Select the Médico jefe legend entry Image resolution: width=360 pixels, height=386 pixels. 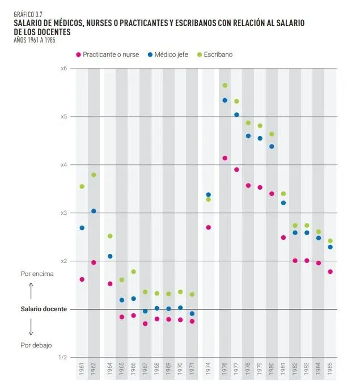click(172, 54)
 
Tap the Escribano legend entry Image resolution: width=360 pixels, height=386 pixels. click(218, 54)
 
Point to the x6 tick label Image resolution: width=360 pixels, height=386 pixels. click(63, 69)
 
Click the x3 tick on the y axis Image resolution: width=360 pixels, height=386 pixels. click(63, 213)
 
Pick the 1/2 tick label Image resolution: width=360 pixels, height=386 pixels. click(63, 358)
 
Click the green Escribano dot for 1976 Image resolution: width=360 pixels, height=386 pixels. click(225, 86)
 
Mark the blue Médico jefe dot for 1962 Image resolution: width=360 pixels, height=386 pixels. click(94, 211)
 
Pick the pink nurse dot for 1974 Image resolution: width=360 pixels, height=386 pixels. click(209, 227)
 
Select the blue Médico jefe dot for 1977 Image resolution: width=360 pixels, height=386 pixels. click(236, 114)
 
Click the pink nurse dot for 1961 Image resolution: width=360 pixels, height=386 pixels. click(82, 279)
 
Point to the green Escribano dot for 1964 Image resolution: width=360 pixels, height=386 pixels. click(110, 236)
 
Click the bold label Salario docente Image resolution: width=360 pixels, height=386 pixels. click(44, 309)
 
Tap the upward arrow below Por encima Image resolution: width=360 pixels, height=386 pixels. click(31, 290)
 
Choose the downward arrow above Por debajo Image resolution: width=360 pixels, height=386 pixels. click(31, 326)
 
